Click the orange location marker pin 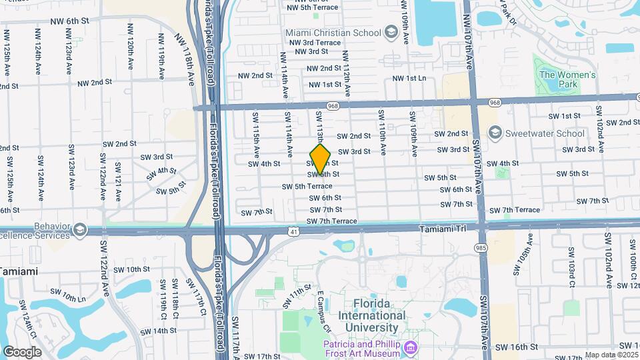pyautogui.click(x=321, y=158)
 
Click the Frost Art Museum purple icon pyautogui.click(x=410, y=347)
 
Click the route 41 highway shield pyautogui.click(x=293, y=231)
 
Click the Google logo pyautogui.click(x=22, y=351)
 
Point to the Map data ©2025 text pyautogui.click(x=611, y=355)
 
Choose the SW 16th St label pyautogui.click(x=517, y=347)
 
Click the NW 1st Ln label pyautogui.click(x=409, y=78)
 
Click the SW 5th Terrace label pyautogui.click(x=307, y=187)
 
